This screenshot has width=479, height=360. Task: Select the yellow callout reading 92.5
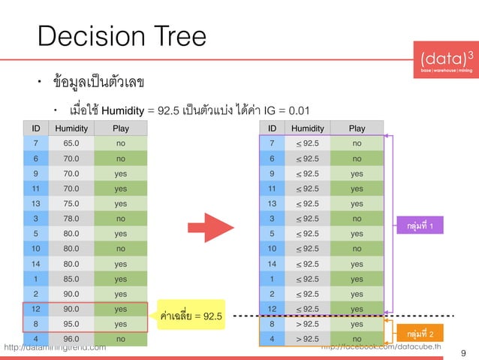click(x=191, y=316)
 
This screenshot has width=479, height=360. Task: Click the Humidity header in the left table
click(x=72, y=128)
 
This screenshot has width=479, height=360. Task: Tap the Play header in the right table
click(x=357, y=128)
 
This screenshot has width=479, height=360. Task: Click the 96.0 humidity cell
click(x=72, y=339)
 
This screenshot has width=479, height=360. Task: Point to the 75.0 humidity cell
click(x=72, y=203)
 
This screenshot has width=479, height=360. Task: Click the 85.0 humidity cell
click(x=72, y=278)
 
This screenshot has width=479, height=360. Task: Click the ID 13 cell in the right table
click(x=272, y=203)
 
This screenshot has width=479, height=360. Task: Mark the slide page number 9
click(x=462, y=350)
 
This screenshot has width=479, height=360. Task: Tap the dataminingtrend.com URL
click(x=56, y=347)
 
